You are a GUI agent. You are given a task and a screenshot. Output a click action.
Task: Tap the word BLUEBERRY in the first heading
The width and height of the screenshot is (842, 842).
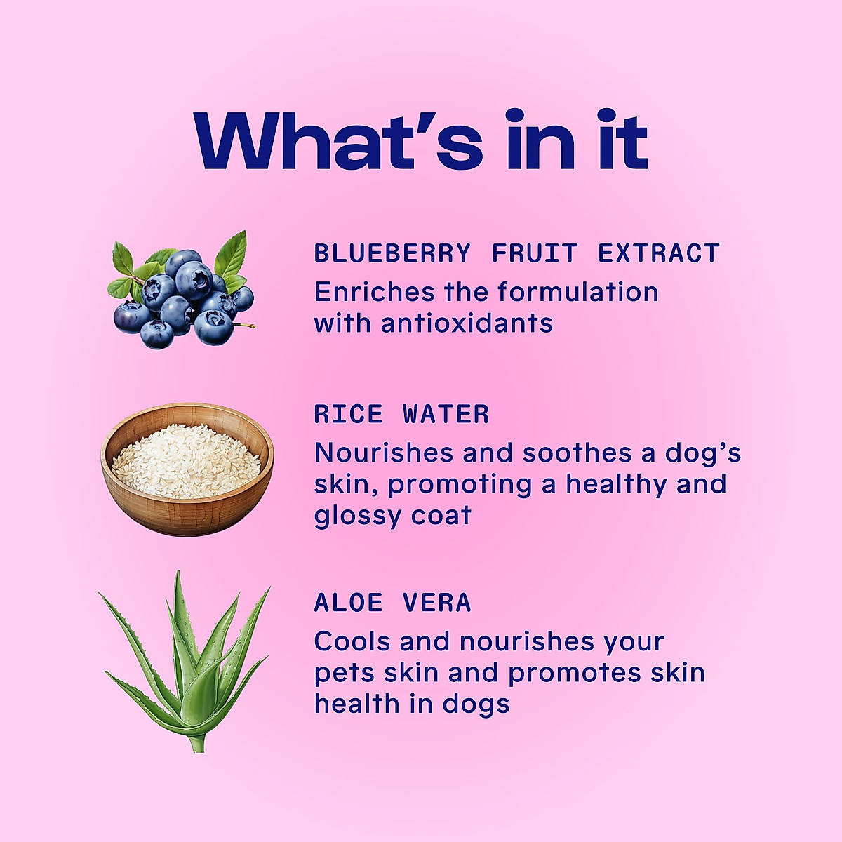[x=392, y=253]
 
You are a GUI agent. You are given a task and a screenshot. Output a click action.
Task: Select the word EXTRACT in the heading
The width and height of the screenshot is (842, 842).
[x=659, y=253]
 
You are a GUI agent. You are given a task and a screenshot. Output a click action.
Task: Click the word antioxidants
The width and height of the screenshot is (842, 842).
[x=467, y=323]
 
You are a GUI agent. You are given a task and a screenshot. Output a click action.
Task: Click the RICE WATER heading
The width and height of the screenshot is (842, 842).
[x=401, y=414]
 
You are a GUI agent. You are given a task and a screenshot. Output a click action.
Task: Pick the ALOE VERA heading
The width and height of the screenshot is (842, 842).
[x=392, y=603]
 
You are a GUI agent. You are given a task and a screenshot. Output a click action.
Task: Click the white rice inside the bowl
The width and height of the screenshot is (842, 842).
[x=186, y=460]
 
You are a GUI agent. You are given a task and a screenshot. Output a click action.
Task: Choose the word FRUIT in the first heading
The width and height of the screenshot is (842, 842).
[x=535, y=253]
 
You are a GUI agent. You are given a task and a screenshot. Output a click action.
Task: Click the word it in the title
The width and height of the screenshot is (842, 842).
[x=622, y=140]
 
